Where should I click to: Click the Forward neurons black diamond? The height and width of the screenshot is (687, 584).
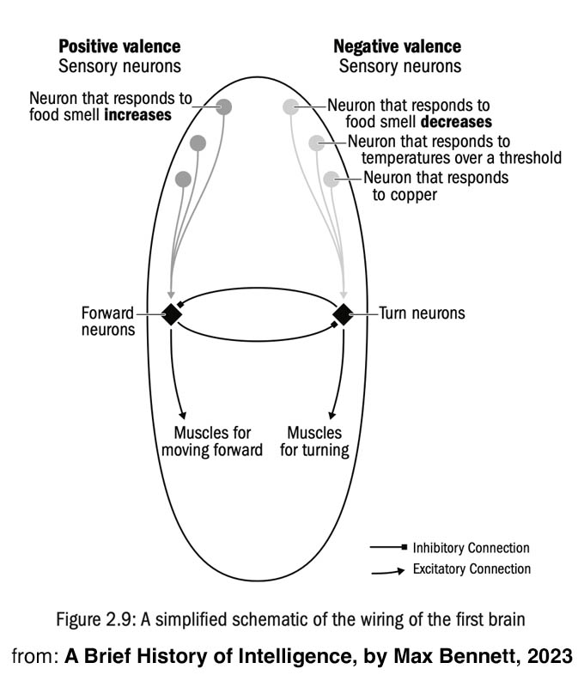click(x=172, y=315)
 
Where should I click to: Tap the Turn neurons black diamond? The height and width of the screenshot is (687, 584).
click(x=344, y=315)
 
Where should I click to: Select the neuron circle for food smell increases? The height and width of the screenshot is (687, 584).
click(x=224, y=106)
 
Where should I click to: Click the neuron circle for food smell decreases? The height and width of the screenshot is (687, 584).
click(x=291, y=106)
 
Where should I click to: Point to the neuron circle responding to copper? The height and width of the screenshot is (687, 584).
click(x=332, y=179)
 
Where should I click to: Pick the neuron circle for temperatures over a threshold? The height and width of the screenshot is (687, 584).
click(x=317, y=143)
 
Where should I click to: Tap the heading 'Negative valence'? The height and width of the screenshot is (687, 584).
click(x=397, y=46)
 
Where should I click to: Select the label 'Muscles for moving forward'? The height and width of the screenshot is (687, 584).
click(x=218, y=441)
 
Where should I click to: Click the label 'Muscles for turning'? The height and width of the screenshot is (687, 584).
click(x=314, y=441)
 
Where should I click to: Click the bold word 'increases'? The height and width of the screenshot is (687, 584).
click(x=137, y=115)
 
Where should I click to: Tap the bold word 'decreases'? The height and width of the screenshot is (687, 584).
click(x=456, y=122)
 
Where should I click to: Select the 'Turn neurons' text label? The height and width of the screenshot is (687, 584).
click(x=422, y=313)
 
